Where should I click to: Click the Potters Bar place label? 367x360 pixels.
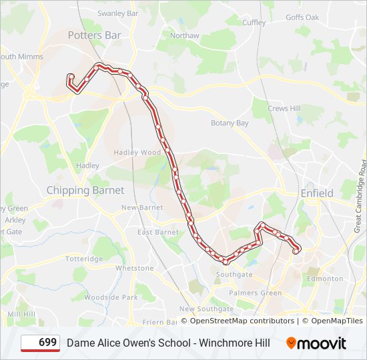pyautogui.click(x=95, y=35)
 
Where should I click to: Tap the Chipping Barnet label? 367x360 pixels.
pyautogui.click(x=85, y=190)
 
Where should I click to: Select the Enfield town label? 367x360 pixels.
pyautogui.click(x=317, y=193)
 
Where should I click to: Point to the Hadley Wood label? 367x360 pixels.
pyautogui.click(x=137, y=152)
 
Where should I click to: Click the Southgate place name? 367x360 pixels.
pyautogui.click(x=234, y=274)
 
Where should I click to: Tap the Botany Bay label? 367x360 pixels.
pyautogui.click(x=230, y=123)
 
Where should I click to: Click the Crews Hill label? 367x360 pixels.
pyautogui.click(x=284, y=109)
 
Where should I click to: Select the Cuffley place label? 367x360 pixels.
pyautogui.click(x=254, y=23)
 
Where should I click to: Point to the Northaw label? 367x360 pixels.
pyautogui.click(x=184, y=35)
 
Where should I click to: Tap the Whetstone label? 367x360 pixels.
pyautogui.click(x=134, y=268)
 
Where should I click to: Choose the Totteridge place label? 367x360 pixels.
pyautogui.click(x=84, y=259)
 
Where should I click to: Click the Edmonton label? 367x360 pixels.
pyautogui.click(x=326, y=279)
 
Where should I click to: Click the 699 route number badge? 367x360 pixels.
pyautogui.click(x=41, y=343)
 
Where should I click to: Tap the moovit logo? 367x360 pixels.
pyautogui.click(x=316, y=343)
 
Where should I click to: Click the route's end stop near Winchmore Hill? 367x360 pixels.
pyautogui.click(x=296, y=251)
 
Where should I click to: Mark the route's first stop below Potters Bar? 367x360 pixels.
pyautogui.click(x=71, y=77)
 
